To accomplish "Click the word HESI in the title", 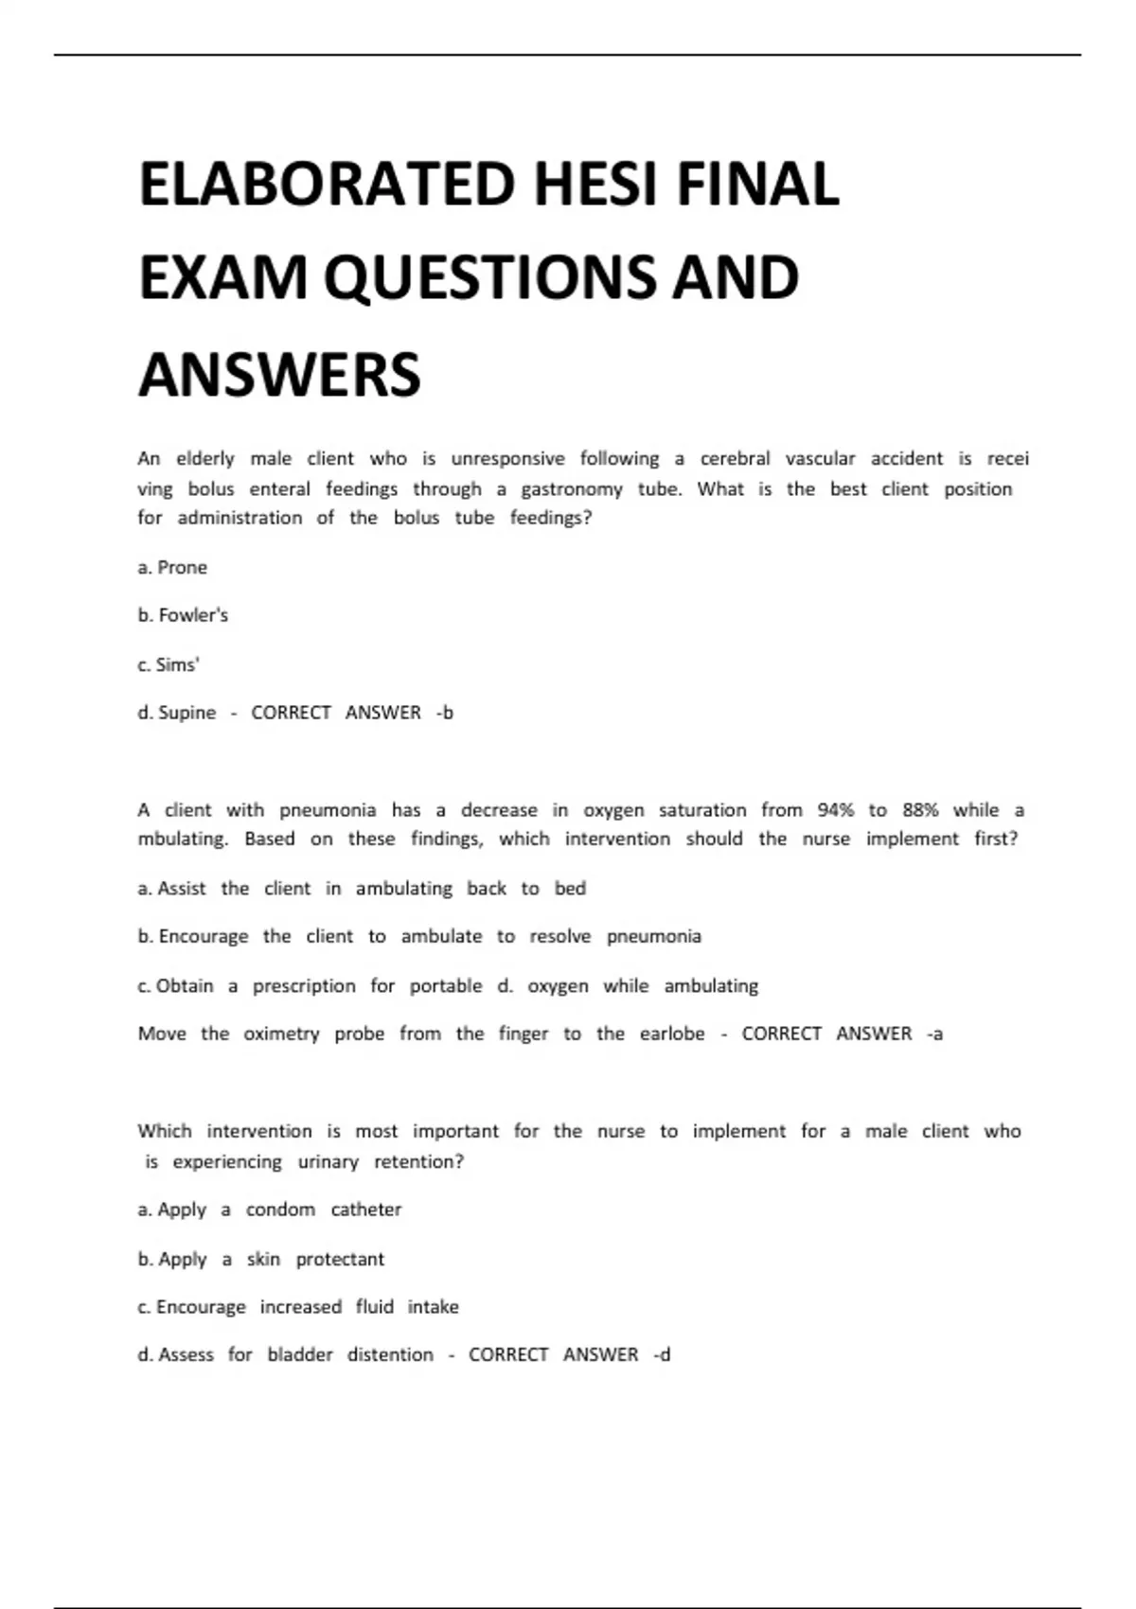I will click(595, 184).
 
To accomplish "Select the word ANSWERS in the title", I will click(280, 374).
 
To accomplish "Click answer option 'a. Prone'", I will click(172, 567).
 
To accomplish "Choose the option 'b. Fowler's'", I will click(183, 615).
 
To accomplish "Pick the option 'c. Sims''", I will click(169, 664).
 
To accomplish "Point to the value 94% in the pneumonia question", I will click(836, 810).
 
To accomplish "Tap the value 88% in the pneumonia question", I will click(920, 810).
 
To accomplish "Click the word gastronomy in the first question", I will click(572, 489).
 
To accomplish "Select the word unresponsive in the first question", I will click(507, 459).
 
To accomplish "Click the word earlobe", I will click(672, 1034).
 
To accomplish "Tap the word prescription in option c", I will click(304, 986).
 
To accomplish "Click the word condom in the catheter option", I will click(280, 1210).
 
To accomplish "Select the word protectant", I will click(340, 1259).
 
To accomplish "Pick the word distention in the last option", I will click(390, 1355).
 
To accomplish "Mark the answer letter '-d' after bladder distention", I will click(662, 1355).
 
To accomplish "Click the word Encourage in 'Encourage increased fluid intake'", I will click(202, 1307).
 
